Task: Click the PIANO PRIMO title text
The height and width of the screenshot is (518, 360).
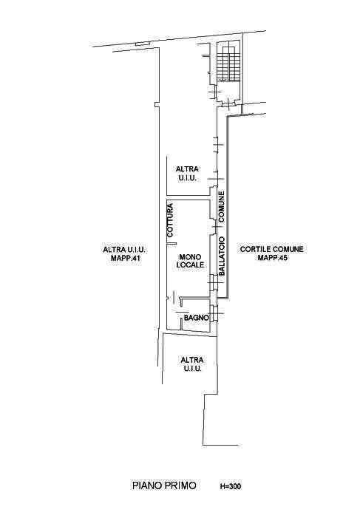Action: (164, 485)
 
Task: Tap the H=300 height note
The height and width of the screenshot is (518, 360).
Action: (231, 486)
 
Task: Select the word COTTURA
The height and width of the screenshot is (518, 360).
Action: (170, 219)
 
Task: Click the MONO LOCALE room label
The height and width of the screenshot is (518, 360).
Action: (190, 261)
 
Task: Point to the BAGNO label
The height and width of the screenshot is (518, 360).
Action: (197, 318)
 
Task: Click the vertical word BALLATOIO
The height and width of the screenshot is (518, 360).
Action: (222, 256)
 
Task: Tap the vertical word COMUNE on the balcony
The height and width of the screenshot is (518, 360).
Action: (221, 206)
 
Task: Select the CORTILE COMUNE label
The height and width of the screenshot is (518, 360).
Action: (271, 249)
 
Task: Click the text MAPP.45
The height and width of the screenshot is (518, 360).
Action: (272, 257)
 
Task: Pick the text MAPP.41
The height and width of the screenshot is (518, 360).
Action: (126, 259)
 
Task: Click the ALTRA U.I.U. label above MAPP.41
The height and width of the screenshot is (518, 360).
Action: (125, 250)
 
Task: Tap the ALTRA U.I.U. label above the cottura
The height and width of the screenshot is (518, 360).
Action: (187, 174)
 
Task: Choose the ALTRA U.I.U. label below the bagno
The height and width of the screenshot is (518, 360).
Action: (191, 364)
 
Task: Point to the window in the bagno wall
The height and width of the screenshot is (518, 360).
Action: (214, 313)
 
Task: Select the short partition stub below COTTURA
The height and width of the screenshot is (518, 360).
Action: (171, 243)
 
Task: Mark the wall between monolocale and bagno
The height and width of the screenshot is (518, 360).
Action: (194, 299)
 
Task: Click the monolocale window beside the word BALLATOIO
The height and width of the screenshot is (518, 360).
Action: (213, 282)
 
